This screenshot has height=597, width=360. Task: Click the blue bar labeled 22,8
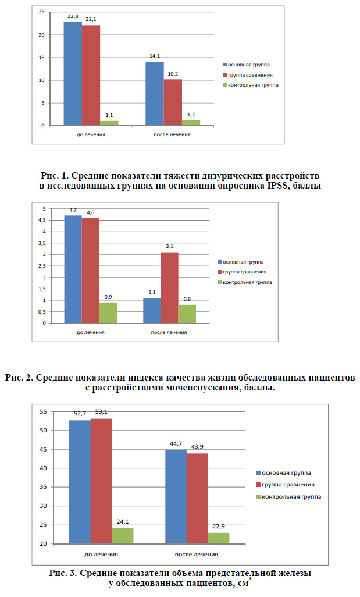click(73, 74)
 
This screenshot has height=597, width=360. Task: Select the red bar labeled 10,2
click(173, 102)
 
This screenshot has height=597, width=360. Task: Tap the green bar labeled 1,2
click(191, 123)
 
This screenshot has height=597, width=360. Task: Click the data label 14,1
click(155, 56)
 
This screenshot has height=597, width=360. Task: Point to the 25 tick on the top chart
click(41, 12)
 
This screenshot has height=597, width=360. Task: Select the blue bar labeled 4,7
click(73, 269)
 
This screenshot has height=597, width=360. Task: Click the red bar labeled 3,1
click(169, 288)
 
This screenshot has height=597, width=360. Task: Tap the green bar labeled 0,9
click(108, 313)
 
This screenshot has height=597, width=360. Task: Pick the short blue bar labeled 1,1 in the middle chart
click(152, 311)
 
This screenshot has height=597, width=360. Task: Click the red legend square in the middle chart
click(220, 272)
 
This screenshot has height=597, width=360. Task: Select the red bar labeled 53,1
click(101, 481)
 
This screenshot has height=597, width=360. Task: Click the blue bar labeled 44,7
click(176, 497)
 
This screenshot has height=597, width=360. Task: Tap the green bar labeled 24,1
click(123, 536)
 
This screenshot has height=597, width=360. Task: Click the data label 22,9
click(219, 527)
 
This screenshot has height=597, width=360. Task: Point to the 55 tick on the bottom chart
click(43, 411)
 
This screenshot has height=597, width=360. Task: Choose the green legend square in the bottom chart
click(259, 497)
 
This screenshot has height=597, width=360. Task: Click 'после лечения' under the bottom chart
click(197, 555)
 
